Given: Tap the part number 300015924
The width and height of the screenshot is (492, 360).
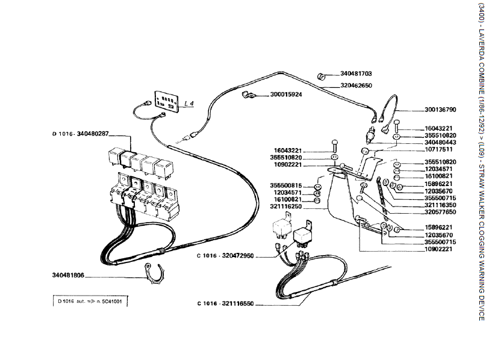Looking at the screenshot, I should pos(286,95).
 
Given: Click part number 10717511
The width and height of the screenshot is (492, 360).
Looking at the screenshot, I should pos(423,149).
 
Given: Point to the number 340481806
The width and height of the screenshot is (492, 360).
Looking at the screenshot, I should pos(67,276).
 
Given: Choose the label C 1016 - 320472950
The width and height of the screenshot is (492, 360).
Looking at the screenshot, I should pos(226,256).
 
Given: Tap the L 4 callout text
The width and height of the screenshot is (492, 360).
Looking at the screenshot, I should pos(189,104).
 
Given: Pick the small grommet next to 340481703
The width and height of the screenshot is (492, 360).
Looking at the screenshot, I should pos(322,76).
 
